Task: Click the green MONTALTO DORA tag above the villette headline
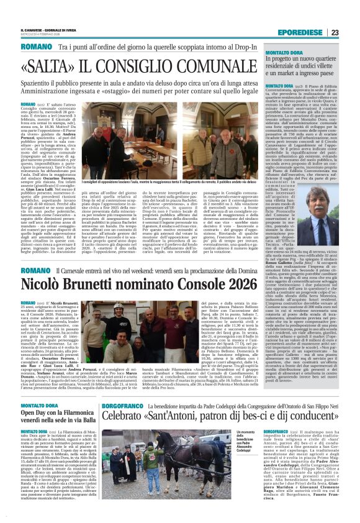click(286, 54)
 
